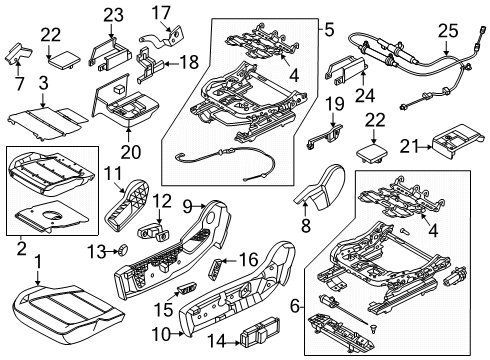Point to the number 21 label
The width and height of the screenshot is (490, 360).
point(404,148)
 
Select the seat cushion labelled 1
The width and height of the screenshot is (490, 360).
point(65,308)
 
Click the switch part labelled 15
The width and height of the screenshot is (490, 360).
point(186,291)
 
